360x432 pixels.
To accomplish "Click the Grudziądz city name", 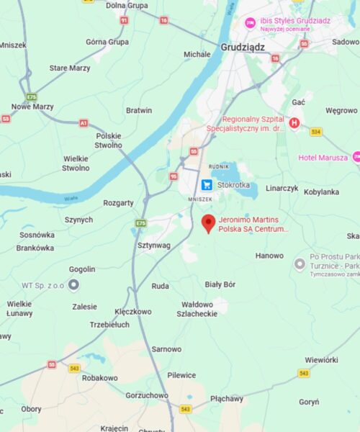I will click(x=243, y=48).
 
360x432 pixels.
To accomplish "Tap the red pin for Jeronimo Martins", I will click(x=208, y=223).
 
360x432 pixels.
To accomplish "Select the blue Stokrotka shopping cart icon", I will click(x=207, y=184).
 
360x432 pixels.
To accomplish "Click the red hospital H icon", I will click(x=294, y=124).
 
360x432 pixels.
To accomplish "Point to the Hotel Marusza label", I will click(x=323, y=157).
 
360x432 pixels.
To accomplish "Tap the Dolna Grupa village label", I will click(x=127, y=6).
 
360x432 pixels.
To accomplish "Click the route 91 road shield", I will click(x=124, y=20).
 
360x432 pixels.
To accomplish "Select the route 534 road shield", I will click(x=316, y=132).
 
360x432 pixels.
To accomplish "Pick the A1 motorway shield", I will click(x=84, y=123).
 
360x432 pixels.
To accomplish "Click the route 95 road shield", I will click(x=174, y=176).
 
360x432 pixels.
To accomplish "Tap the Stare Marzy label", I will click(x=70, y=68).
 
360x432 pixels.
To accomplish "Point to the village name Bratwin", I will click(x=139, y=110).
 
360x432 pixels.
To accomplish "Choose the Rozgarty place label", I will click(x=118, y=203).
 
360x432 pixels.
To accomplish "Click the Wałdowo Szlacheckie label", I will click(x=197, y=309).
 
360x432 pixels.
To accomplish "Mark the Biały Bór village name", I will click(x=220, y=284).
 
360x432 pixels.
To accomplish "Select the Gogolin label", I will click(x=82, y=269).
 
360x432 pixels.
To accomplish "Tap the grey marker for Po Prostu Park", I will click(x=300, y=264).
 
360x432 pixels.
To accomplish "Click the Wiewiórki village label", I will click(x=321, y=359).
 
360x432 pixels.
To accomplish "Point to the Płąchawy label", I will click(x=227, y=398).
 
